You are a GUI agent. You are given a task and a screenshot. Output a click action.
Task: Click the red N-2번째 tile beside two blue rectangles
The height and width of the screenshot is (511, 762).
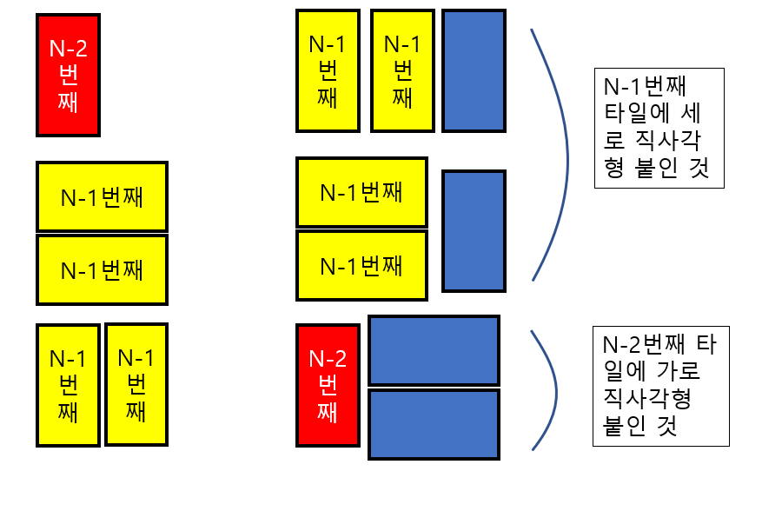328,384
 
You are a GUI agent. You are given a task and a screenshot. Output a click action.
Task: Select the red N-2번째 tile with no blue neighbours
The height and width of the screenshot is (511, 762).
68,75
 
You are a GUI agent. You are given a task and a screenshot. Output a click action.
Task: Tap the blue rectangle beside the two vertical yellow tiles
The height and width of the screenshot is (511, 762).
474,70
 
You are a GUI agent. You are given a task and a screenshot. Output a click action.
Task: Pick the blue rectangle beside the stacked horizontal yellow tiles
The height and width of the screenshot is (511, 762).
474,230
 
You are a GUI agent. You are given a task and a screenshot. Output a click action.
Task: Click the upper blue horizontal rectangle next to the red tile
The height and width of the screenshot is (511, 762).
434,350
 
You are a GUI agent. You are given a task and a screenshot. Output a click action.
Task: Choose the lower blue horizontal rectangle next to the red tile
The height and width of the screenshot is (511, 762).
434,423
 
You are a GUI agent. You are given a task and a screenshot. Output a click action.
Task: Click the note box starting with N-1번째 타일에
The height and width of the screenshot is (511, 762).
659,128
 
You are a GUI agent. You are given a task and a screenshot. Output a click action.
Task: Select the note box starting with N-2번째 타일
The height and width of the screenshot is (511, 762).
659,386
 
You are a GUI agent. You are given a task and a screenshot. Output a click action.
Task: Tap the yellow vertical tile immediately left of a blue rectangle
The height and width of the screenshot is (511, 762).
401,70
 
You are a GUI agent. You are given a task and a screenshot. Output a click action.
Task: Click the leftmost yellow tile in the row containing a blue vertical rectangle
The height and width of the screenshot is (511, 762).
328,70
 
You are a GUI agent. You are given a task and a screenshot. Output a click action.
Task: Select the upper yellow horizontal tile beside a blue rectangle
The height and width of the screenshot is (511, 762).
361,191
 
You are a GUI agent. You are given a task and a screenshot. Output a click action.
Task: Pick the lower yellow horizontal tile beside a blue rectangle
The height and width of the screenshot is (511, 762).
361,264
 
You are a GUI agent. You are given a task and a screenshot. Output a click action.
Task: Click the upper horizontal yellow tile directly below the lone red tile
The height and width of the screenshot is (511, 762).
102,196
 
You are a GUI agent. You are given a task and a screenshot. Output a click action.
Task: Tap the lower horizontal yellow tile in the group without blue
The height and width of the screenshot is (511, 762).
102,269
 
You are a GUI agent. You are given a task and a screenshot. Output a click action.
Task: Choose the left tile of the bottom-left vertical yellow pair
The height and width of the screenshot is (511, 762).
68,384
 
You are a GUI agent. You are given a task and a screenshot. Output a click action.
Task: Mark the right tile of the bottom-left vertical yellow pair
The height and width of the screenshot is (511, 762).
136,384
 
